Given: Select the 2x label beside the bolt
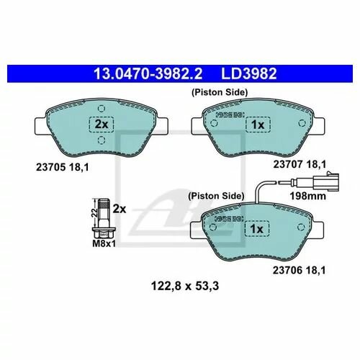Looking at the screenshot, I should (120, 210).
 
